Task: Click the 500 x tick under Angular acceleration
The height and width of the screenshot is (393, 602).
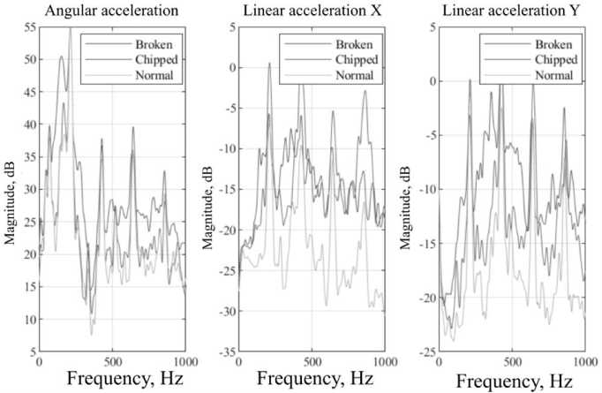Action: [x=112, y=361]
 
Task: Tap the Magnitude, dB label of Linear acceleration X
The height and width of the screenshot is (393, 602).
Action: [x=207, y=190]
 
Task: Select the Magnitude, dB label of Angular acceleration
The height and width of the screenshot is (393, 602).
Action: [x=8, y=190]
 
